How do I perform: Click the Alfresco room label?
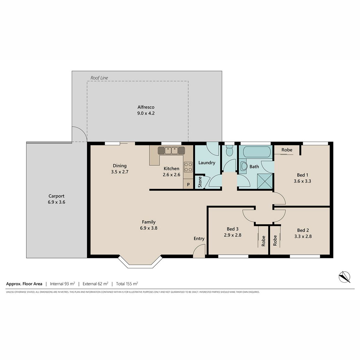pos(146,107)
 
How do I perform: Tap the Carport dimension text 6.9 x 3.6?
pos(56,202)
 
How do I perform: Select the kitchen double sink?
pos(171,150)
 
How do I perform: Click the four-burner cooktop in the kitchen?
pos(188,167)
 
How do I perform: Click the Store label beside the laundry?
pos(200,182)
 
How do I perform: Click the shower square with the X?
pos(265,181)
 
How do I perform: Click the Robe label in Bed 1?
pos(287,150)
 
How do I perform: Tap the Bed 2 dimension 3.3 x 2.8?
pos(303,236)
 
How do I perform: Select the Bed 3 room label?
pos(232,229)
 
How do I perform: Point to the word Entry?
pos(199,238)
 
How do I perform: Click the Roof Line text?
pos(99,78)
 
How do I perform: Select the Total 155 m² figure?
pos(127,284)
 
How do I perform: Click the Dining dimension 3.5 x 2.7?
pos(120,172)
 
